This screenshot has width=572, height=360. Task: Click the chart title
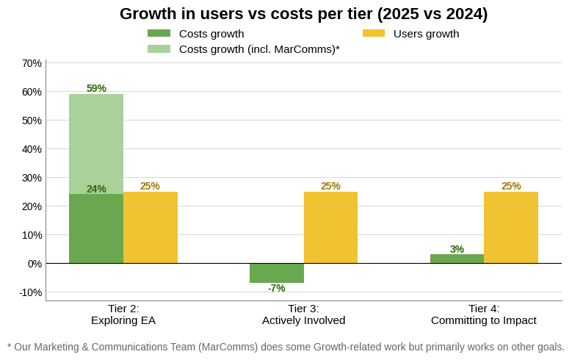pos(303,14)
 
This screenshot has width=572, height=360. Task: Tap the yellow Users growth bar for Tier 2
pos(151,227)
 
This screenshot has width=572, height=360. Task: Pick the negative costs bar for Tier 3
pos(276,273)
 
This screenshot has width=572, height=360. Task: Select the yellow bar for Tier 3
pos(330,227)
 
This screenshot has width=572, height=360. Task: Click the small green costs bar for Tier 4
pos(457,259)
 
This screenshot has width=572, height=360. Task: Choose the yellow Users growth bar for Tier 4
pos(511,227)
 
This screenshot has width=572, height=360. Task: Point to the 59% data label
pos(96,88)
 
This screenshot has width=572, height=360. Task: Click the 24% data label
pos(96,189)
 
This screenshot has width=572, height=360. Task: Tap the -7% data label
pos(276,288)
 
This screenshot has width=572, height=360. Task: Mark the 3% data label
pos(457,249)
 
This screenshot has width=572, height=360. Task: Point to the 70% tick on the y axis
pos(32,63)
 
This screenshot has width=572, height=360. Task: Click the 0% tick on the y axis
pos(35,264)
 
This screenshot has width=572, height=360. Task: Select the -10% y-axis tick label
pos(31,292)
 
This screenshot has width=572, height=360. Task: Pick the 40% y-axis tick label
pos(32,149)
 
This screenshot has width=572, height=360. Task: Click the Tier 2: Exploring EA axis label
pos(123,314)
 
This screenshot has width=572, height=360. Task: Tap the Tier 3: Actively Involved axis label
pos(303,314)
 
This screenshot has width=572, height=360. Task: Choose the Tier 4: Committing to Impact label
pos(484,314)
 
